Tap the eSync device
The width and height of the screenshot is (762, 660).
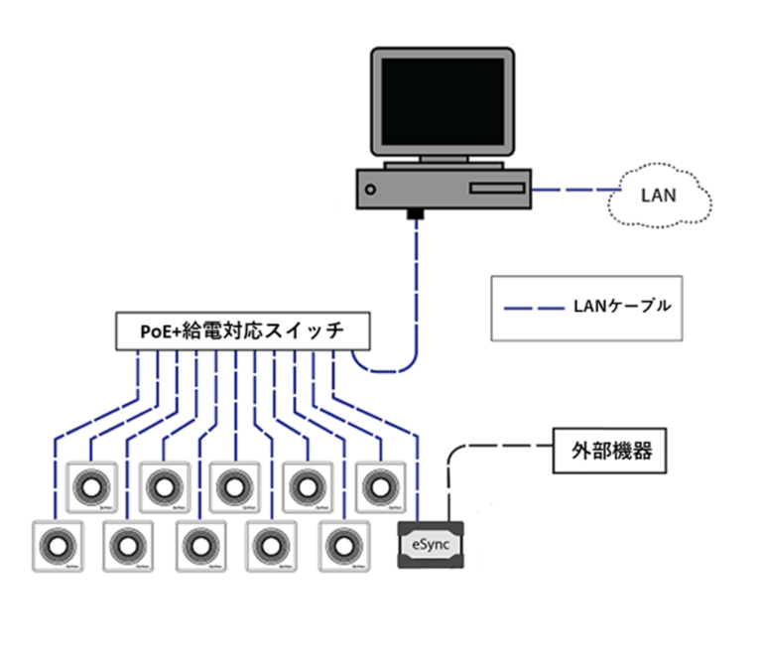click(x=431, y=544)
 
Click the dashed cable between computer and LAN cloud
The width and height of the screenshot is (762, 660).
click(x=572, y=189)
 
